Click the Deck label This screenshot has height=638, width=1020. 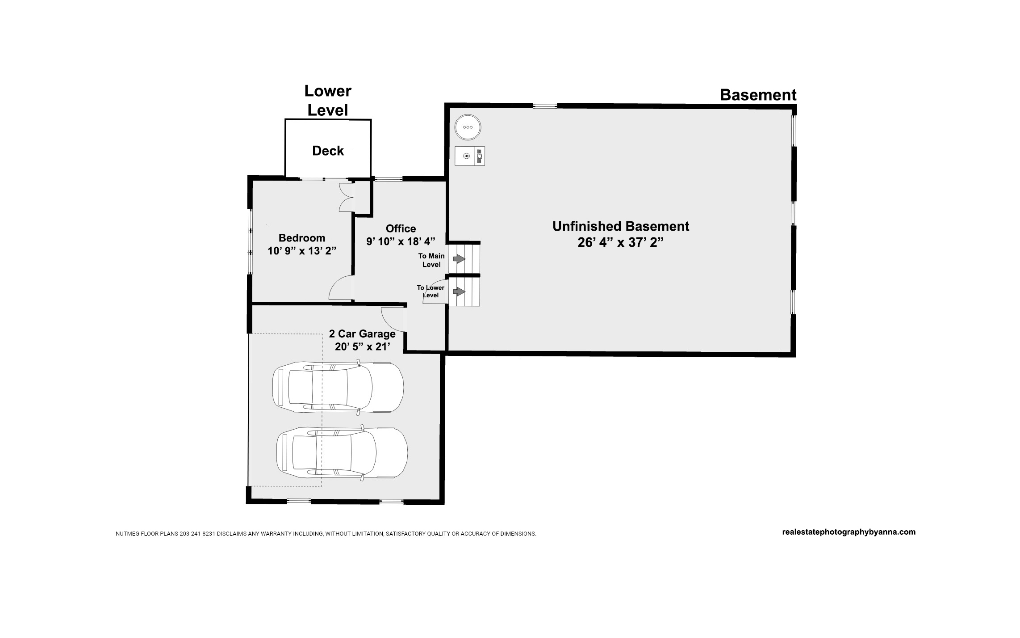[328, 151]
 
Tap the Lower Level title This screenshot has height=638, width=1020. [328, 101]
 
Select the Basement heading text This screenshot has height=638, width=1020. [758, 95]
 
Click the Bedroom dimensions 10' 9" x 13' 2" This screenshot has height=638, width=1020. [302, 251]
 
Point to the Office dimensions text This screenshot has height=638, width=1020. [401, 241]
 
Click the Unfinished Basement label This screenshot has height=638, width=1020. [621, 226]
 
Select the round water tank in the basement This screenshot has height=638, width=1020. [468, 127]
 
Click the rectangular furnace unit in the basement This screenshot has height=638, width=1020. [470, 156]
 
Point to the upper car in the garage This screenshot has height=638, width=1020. [338, 387]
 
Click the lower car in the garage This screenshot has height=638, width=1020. [342, 452]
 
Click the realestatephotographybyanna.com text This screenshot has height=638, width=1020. [849, 532]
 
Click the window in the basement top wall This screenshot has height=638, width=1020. [545, 106]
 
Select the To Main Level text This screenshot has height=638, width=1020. [431, 260]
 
